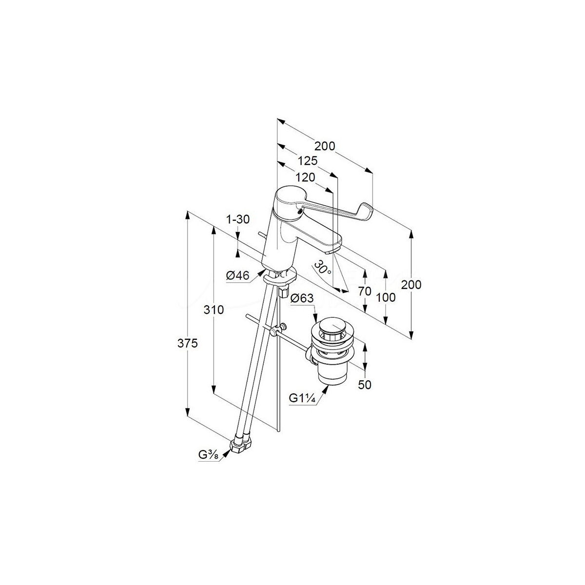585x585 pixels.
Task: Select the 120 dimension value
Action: pos(306,177)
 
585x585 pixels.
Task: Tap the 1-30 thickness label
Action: pos(239,220)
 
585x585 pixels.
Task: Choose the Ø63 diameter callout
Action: pos(301,299)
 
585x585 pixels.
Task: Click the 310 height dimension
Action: pos(214,310)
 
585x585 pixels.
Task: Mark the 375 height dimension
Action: pos(187,344)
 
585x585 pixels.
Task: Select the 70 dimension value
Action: pos(365,292)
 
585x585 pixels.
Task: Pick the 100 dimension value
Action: pos(386,297)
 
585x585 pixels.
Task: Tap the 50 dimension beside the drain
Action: pos(365,385)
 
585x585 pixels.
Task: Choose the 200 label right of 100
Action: pos(411,285)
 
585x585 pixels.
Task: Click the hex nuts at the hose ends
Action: pos(241,445)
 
